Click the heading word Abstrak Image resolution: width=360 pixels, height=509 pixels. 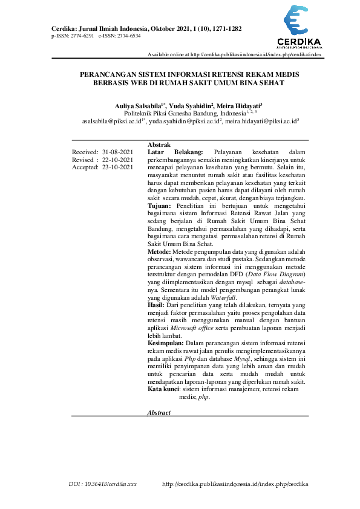point(159,144)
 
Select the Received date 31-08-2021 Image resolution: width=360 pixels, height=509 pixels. point(117,152)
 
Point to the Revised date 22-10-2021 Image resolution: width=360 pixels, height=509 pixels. point(117,160)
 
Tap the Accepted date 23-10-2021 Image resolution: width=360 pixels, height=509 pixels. point(117,167)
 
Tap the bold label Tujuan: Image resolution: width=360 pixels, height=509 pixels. point(160,206)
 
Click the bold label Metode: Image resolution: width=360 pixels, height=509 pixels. point(160,250)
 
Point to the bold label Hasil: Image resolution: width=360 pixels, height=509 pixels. point(157,306)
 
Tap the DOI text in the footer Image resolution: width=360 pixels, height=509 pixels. point(102,484)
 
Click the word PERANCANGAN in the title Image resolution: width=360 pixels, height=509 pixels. point(112,73)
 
